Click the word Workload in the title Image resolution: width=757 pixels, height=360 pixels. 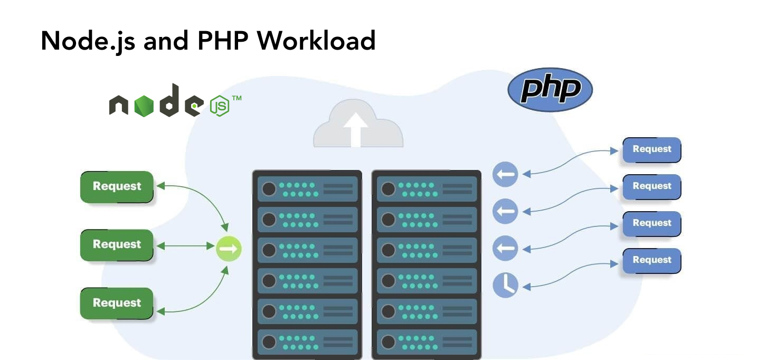(x=316, y=41)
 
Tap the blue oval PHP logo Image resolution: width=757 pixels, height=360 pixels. (x=550, y=90)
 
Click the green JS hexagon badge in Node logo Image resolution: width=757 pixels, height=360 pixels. (x=220, y=106)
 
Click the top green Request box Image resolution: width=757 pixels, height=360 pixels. (x=117, y=186)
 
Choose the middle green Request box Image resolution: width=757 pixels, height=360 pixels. (x=117, y=244)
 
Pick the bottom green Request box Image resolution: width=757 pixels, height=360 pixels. (x=117, y=303)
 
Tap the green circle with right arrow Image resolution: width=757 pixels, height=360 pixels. (x=229, y=248)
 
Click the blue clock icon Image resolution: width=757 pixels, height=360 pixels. (x=505, y=285)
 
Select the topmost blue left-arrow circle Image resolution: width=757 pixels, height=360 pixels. (x=505, y=175)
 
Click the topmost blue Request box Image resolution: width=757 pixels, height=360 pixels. (x=651, y=149)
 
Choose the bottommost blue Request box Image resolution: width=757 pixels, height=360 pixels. (x=651, y=260)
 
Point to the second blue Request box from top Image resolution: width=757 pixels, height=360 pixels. (x=651, y=186)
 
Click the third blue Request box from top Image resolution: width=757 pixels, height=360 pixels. (x=651, y=223)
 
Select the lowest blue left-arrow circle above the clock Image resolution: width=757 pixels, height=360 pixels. (x=505, y=248)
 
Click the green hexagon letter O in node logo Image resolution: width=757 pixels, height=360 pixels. (x=144, y=106)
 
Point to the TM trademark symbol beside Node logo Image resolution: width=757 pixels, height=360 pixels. (x=237, y=98)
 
